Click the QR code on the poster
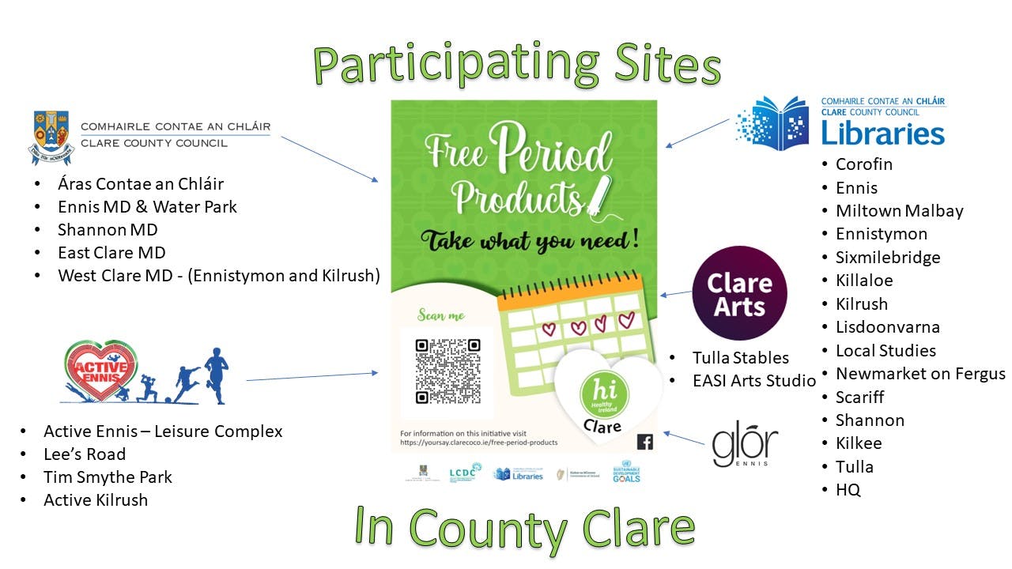point(447,371)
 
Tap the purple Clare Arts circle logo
point(739,293)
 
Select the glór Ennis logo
point(745,447)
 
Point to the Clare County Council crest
point(51,137)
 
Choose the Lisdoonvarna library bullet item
point(887,327)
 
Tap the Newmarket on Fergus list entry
point(920,374)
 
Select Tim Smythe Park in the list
point(108,477)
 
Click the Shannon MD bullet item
point(108,230)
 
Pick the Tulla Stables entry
point(740,357)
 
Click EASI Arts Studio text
point(753,381)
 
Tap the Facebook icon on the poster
point(645,442)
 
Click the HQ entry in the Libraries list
point(848,490)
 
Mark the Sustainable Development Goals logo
point(626,474)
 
